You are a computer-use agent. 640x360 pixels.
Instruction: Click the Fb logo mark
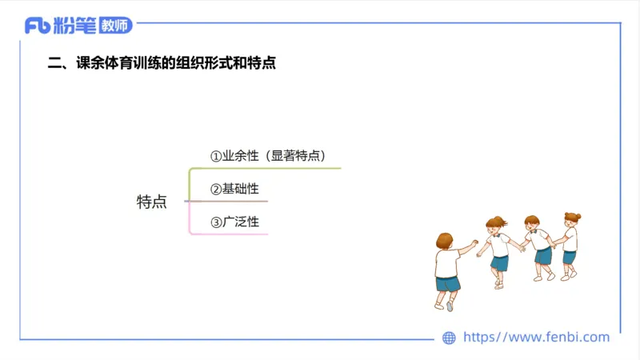click(x=38, y=26)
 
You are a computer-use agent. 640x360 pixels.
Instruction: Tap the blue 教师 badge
click(x=115, y=26)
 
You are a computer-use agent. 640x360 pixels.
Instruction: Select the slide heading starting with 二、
click(x=162, y=63)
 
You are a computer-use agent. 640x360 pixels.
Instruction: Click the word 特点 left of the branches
click(x=152, y=202)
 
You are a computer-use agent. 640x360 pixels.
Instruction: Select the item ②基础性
click(x=234, y=189)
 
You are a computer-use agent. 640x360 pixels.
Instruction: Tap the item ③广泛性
click(x=234, y=222)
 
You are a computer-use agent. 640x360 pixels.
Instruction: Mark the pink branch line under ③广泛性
click(x=232, y=234)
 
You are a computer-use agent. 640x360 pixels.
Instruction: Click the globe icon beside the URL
click(x=449, y=338)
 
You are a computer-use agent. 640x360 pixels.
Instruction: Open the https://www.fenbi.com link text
click(x=537, y=338)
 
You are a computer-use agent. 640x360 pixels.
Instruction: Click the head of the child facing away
click(x=445, y=241)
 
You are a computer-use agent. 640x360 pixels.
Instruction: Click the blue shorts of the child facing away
click(x=448, y=283)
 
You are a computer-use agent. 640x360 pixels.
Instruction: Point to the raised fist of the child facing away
click(x=475, y=242)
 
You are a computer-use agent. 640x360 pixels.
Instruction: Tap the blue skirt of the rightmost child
click(x=569, y=257)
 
